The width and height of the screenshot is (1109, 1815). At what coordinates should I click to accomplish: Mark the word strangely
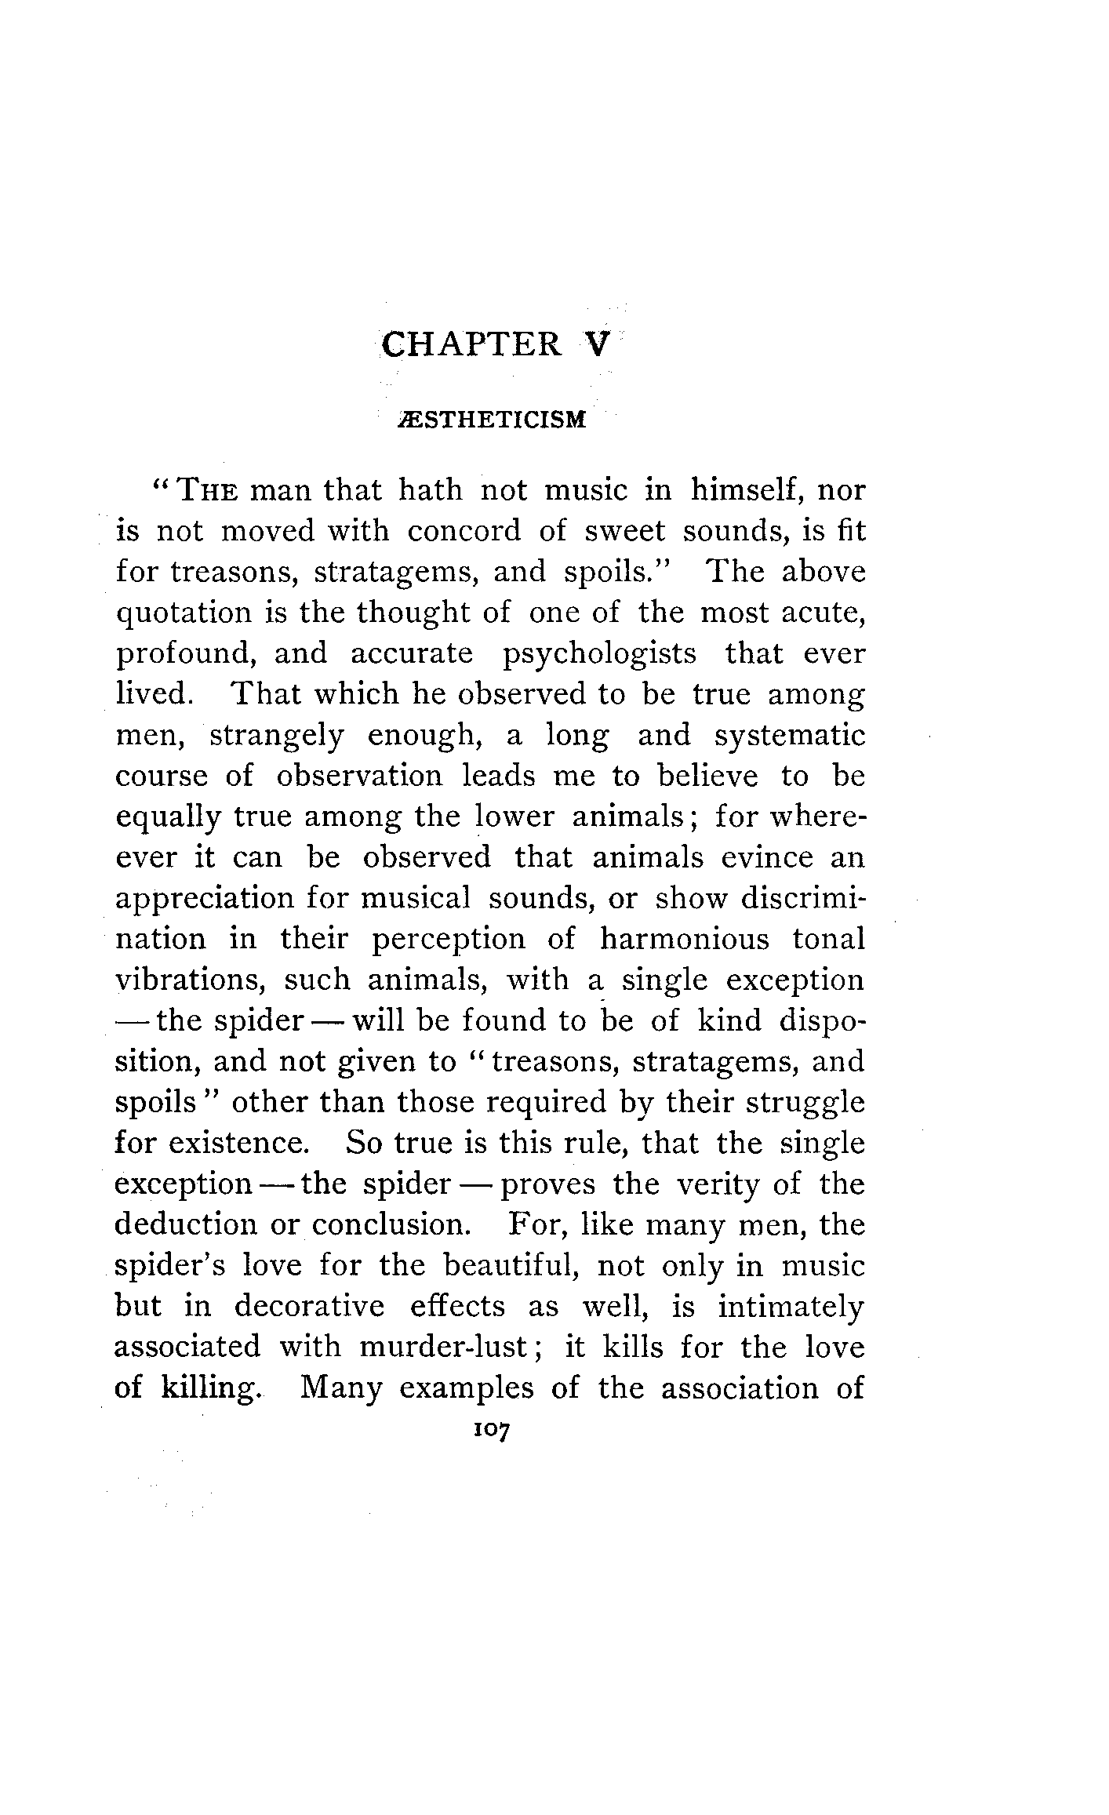(277, 737)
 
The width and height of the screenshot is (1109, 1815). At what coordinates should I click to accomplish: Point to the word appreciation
(204, 899)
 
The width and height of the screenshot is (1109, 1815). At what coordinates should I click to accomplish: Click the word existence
(238, 1144)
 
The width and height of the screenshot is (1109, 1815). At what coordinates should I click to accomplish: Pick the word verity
(716, 1184)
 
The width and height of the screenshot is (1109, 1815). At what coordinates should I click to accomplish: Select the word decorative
(310, 1307)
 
